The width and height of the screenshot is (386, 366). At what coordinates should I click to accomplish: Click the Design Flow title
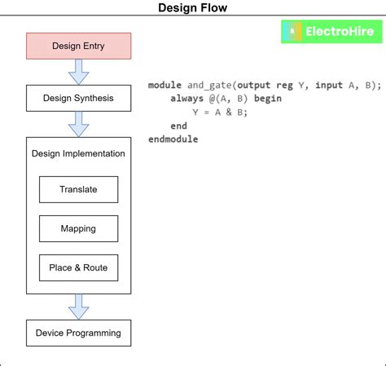click(192, 8)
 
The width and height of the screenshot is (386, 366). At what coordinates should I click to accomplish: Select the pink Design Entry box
click(78, 46)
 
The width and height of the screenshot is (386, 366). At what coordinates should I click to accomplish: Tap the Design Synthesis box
click(78, 99)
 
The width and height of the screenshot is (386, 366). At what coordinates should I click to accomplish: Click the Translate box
click(78, 189)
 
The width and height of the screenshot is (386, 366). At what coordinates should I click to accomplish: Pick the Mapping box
click(78, 228)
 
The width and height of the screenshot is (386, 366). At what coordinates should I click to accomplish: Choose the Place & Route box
click(78, 267)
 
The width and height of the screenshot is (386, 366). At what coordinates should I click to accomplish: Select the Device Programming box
click(78, 333)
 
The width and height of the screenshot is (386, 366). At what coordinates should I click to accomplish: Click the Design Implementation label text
click(78, 153)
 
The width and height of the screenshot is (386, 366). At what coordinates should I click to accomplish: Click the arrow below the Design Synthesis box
click(78, 125)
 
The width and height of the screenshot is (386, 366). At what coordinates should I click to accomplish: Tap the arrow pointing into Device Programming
click(78, 306)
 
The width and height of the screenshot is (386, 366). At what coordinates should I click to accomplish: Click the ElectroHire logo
click(331, 32)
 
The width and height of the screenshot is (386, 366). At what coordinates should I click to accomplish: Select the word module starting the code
click(165, 85)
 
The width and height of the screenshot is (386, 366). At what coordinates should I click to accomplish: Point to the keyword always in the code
click(187, 99)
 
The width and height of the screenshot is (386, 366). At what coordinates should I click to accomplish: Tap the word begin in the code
click(267, 99)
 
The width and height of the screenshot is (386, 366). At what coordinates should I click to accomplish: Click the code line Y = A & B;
click(220, 112)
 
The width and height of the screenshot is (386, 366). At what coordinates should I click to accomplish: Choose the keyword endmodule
click(173, 139)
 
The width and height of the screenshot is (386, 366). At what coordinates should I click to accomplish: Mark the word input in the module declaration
click(330, 85)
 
